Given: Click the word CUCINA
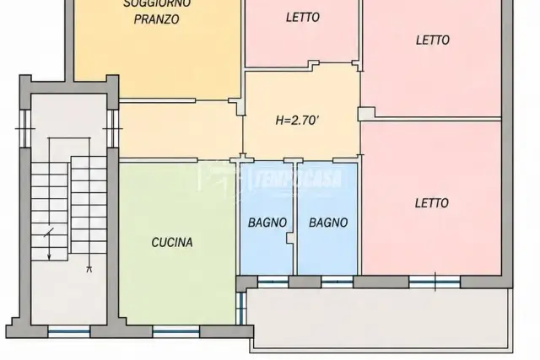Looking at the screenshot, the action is [x=172, y=242].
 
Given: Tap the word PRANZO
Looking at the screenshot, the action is [x=156, y=19].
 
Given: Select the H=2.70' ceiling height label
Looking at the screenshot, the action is [x=297, y=120].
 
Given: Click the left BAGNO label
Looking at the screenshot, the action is [x=267, y=223].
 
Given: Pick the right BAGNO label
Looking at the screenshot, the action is [x=328, y=223].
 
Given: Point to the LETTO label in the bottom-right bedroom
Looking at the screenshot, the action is [x=431, y=203].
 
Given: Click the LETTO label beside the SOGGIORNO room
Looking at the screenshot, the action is [x=303, y=17].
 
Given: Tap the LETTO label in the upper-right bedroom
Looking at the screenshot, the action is [x=433, y=40].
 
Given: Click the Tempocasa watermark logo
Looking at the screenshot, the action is [x=269, y=178].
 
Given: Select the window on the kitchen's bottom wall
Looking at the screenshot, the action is [x=176, y=330].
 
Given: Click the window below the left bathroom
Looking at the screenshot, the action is [x=273, y=282].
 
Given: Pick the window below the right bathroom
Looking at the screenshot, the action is [x=337, y=282].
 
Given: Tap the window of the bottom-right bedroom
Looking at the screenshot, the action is [x=435, y=282].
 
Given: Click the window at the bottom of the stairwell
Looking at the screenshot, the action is [x=69, y=331].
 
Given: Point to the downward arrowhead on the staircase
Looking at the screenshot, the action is [x=49, y=256].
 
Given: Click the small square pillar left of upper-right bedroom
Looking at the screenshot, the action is [x=366, y=114].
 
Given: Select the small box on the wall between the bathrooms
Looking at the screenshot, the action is [x=291, y=238].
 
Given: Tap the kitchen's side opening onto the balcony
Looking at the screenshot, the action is [x=241, y=308].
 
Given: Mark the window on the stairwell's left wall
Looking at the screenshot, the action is [x=25, y=129].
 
